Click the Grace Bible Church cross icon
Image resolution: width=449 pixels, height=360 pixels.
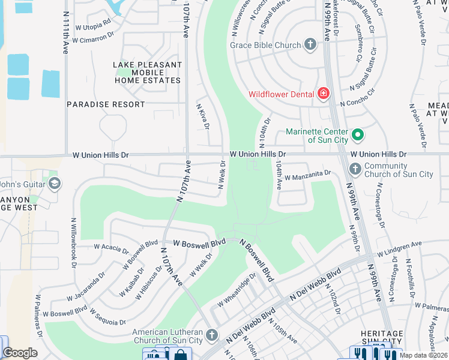click(x=310, y=44)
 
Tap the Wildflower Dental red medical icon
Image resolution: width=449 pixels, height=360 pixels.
click(x=324, y=94)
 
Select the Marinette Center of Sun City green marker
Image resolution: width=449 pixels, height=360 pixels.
click(x=358, y=135)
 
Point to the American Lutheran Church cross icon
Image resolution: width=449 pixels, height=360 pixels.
click(x=211, y=335)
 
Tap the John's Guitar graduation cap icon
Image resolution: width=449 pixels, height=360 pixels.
click(x=55, y=183)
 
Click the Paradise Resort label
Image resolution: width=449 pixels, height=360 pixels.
click(x=106, y=104)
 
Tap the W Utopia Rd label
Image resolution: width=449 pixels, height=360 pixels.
click(x=91, y=23)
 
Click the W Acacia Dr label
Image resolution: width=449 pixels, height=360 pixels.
click(x=111, y=247)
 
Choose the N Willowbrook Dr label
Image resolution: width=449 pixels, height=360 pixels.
click(x=74, y=239)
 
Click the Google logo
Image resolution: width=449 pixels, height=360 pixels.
click(x=19, y=353)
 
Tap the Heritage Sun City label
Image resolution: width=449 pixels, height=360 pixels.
click(x=382, y=338)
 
